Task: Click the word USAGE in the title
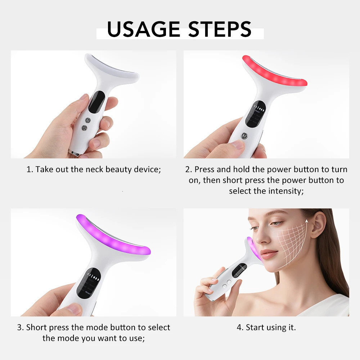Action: click(x=143, y=29)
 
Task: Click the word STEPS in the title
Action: click(x=216, y=29)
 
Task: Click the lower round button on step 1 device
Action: click(x=85, y=128)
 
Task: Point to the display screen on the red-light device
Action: click(x=256, y=113)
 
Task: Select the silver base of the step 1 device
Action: click(x=74, y=153)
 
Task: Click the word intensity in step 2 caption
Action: click(x=285, y=191)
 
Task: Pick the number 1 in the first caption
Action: click(x=29, y=169)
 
